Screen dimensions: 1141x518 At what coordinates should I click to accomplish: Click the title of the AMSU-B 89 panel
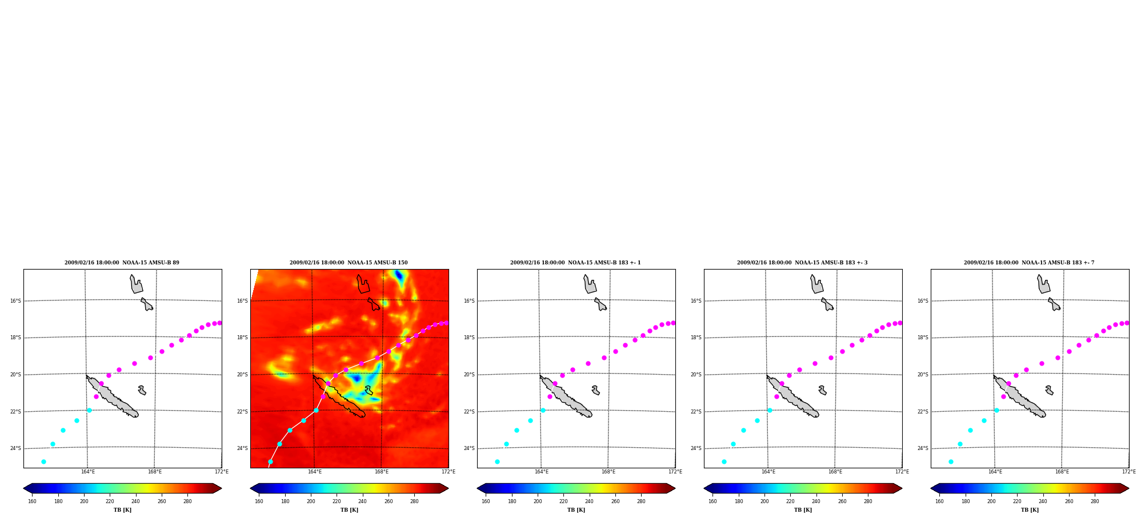122,263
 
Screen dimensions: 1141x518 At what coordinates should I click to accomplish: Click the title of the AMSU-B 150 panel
349,263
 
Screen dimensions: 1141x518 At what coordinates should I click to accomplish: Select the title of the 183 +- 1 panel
575,263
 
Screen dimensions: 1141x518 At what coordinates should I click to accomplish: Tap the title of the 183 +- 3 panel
802,263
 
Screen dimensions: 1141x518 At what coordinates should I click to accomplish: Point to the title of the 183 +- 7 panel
1029,263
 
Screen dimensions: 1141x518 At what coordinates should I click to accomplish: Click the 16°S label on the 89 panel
15,301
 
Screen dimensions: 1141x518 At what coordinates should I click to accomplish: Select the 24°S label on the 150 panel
242,448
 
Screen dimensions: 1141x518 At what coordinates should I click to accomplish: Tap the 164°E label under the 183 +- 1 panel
542,472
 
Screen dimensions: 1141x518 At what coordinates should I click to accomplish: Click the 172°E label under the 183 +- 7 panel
1129,472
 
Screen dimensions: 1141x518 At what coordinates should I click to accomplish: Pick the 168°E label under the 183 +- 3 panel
835,472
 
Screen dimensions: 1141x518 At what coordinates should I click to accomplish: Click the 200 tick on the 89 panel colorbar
84,501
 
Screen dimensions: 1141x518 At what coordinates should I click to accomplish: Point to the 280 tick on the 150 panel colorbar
414,501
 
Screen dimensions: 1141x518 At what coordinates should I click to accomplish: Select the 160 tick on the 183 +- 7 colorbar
939,501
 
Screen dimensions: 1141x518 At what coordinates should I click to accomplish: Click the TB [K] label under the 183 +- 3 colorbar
803,510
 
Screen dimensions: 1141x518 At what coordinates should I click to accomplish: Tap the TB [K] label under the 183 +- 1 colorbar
576,510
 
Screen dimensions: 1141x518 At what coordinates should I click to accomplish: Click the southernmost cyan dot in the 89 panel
43,461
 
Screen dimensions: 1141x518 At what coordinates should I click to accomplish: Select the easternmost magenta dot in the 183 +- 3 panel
900,323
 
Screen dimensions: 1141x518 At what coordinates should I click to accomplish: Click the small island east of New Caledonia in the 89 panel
142,390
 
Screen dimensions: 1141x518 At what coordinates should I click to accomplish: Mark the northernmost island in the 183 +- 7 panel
1043,284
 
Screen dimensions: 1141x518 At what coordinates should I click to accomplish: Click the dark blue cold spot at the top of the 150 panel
399,277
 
